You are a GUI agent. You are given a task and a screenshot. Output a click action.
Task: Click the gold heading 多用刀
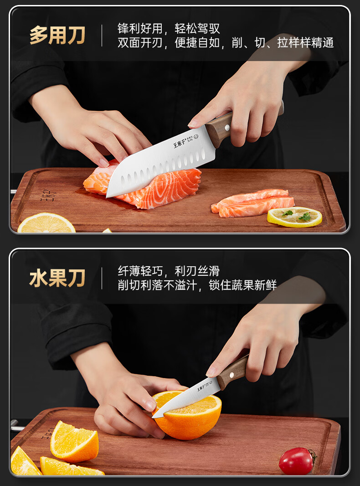(57, 36)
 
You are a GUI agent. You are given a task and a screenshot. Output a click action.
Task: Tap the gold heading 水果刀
(57, 278)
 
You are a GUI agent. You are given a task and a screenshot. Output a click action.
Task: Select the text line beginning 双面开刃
(226, 43)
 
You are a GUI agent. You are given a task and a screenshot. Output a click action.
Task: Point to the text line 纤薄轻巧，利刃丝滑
(169, 271)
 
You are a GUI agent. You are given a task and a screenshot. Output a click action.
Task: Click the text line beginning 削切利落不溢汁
(197, 285)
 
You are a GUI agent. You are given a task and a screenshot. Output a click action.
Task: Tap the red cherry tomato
(296, 460)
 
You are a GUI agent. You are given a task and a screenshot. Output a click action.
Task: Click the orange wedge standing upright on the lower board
(74, 441)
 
